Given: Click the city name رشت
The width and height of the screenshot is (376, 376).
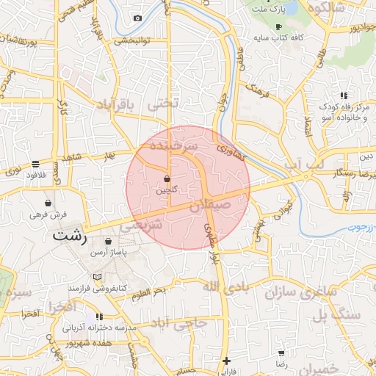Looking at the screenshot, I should click(x=70, y=238).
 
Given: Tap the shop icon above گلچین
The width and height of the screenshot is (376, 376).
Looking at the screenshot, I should click(x=167, y=178).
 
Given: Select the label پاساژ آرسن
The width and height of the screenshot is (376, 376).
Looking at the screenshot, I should click(x=109, y=252).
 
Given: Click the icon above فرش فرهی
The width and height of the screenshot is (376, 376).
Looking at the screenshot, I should click(x=48, y=203).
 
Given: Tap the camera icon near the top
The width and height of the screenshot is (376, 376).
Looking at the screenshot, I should click(x=137, y=18).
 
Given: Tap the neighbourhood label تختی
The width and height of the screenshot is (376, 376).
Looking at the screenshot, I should click(x=163, y=104).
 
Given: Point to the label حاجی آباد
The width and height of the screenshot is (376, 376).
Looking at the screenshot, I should click(x=179, y=322).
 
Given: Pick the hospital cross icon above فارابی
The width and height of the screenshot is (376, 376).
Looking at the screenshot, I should click(x=227, y=361).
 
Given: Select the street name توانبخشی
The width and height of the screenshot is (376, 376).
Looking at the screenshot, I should click(x=131, y=40).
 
